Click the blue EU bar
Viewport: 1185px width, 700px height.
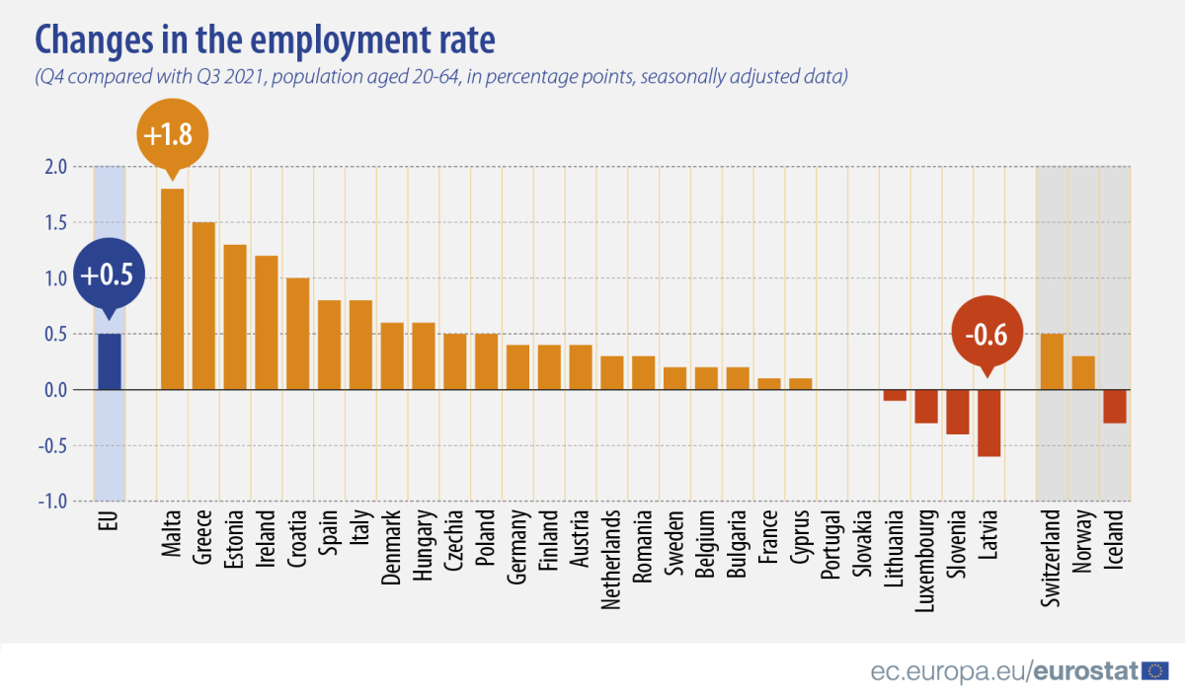click(109, 361)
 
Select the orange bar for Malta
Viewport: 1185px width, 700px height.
click(172, 288)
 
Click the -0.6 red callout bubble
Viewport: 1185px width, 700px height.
click(986, 335)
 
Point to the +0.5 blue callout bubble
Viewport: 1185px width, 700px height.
click(108, 275)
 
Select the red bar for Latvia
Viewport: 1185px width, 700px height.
click(988, 423)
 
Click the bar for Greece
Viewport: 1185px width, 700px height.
click(203, 306)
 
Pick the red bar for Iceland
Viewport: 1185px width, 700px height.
click(1114, 407)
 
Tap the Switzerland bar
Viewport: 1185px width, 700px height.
click(1052, 361)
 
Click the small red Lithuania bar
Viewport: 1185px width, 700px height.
click(895, 395)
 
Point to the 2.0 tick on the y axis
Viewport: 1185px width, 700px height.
click(56, 167)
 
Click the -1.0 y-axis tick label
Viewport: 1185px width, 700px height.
click(54, 501)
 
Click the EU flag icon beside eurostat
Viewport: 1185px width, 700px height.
click(1154, 671)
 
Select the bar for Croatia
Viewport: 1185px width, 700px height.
click(297, 334)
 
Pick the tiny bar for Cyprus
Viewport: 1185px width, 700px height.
click(800, 384)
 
